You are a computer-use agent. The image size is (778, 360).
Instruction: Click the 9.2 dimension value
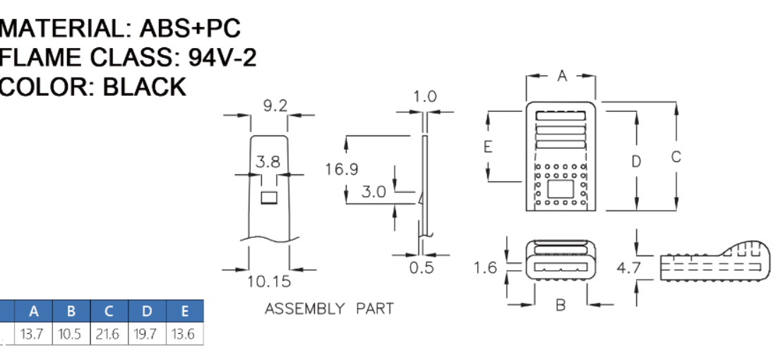[275, 106]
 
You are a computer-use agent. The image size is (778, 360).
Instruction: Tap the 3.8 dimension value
[268, 162]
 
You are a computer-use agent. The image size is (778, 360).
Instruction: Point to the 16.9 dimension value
[342, 169]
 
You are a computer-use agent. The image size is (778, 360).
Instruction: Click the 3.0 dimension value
[373, 191]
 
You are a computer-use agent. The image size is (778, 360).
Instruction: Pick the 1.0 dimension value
[425, 97]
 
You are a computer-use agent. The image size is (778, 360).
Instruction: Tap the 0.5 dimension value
[421, 268]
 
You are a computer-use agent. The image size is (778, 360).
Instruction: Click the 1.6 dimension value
[485, 268]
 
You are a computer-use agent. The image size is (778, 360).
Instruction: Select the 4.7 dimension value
[629, 268]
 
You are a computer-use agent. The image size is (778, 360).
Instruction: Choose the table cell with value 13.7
[34, 334]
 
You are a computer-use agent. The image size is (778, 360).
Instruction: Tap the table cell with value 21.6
[109, 334]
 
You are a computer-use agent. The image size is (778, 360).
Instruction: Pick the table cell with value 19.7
[147, 334]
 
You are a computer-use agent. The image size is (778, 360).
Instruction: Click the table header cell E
[184, 311]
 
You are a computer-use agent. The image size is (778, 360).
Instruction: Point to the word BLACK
[144, 86]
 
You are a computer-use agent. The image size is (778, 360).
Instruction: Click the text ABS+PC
[190, 28]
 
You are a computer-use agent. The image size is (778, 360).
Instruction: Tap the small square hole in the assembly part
[269, 198]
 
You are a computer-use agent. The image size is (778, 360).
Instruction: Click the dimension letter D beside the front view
[636, 162]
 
